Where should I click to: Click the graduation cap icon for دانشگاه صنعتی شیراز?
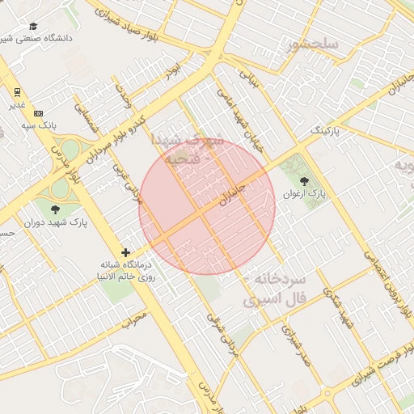tap(34, 26)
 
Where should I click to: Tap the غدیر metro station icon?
tap(17, 91)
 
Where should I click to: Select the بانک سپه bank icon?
tap(39, 113)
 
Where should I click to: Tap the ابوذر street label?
tap(171, 74)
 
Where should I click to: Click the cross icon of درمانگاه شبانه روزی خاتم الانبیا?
tap(125, 252)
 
